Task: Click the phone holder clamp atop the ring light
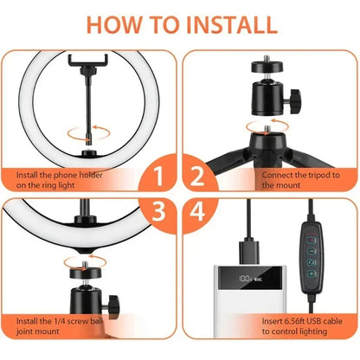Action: tap(88, 66)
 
